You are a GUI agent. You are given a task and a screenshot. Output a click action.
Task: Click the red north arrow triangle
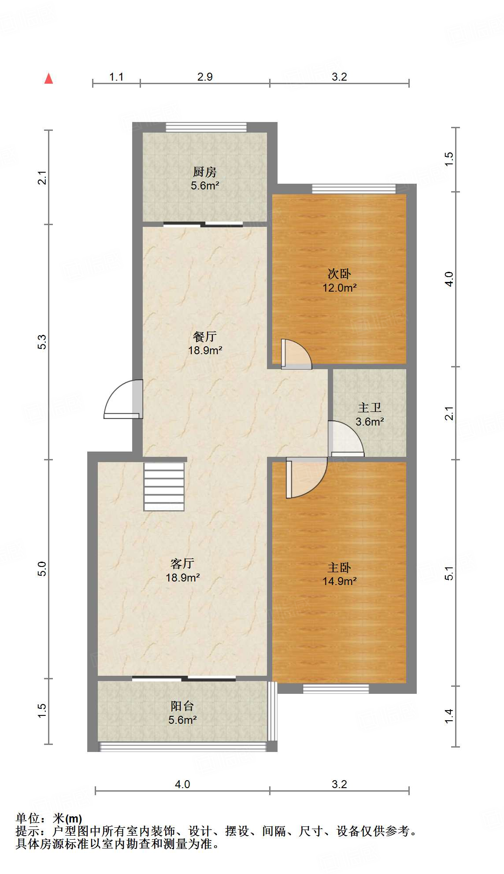pos(48,79)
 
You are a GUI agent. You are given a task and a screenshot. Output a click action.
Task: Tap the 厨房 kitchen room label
pos(205,172)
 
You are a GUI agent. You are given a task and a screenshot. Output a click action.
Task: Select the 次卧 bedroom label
pos(339,274)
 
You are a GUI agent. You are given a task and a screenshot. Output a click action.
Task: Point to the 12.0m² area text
pos(339,288)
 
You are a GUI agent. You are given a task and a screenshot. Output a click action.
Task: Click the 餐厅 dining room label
pos(205,337)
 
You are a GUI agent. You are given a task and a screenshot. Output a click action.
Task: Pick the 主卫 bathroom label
pos(370,407)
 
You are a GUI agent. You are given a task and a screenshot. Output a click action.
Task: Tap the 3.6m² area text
pos(370,422)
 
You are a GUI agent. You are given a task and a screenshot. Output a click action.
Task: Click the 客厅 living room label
pos(182,563)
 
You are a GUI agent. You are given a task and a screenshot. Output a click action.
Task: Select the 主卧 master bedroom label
pos(339,567)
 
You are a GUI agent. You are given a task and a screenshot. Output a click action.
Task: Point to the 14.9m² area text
pos(339,581)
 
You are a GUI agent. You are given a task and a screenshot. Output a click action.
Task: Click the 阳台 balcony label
pos(182,706)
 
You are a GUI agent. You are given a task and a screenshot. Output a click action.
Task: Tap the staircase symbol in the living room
pos(164,486)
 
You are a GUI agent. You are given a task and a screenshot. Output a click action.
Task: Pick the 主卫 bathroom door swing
pos(346,439)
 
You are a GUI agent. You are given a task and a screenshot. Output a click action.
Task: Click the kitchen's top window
pos(206,127)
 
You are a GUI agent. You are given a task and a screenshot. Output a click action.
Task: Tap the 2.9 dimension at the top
pos(205,77)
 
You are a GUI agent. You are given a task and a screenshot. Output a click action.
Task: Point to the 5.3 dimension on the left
pos(41,342)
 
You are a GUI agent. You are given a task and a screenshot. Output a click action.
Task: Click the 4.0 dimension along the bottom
pos(182,784)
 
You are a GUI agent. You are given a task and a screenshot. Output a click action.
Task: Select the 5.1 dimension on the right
pos(449,573)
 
